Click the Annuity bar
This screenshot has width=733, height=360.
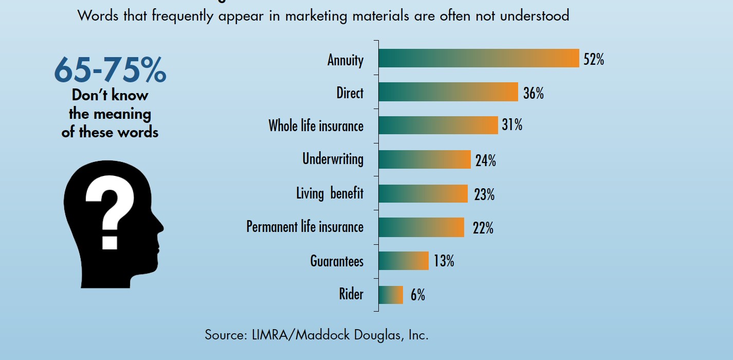point(479,58)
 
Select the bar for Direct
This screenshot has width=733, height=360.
point(448,92)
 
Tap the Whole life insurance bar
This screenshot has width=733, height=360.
point(438,125)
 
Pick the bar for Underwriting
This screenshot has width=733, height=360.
point(425,159)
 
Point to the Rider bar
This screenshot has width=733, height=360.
point(391,295)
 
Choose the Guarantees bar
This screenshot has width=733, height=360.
point(404,261)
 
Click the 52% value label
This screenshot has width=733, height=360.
point(594,60)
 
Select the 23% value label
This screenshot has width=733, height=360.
point(484,195)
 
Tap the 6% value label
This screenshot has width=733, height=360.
point(417,295)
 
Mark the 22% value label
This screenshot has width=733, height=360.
point(483,228)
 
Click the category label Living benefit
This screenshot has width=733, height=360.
point(329,193)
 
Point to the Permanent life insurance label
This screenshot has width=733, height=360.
point(305,227)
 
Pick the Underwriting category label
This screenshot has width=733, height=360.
point(333,159)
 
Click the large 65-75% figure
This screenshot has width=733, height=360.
point(110,70)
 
